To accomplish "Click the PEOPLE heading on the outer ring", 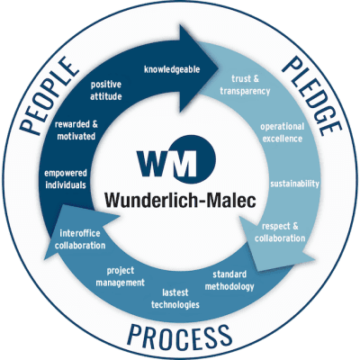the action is [49, 95].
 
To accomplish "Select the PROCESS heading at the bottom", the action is [180, 337].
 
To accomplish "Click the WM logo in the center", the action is [176, 159].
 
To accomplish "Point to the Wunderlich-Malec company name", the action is [180, 200].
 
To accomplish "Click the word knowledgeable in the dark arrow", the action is [172, 69].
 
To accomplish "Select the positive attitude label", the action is [106, 90].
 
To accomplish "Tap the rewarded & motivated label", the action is [76, 130].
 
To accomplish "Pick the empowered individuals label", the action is [66, 179].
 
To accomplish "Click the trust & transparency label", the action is [245, 85].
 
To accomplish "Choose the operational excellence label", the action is [282, 132].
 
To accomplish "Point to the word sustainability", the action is [294, 184].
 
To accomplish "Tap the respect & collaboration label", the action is [280, 232].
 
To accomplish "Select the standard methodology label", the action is [229, 281].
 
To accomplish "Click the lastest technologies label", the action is [175, 299].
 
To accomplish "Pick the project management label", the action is [121, 276].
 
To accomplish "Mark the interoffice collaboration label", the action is [80, 239].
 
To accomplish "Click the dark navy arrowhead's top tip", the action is [180, 25].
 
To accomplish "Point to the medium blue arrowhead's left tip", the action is [44, 257].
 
